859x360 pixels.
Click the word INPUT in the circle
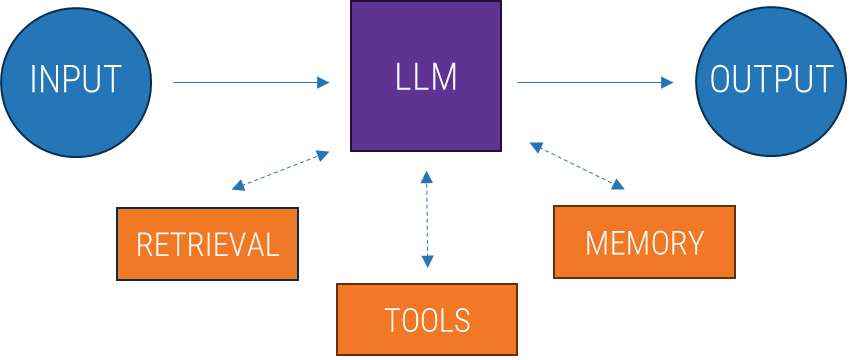pyautogui.click(x=75, y=80)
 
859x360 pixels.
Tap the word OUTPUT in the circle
pyautogui.click(x=771, y=80)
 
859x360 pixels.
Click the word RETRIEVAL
pyautogui.click(x=207, y=245)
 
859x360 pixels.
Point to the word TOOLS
pyautogui.click(x=427, y=320)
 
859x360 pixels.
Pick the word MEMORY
pyautogui.click(x=644, y=243)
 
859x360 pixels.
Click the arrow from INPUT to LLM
pyautogui.click(x=250, y=83)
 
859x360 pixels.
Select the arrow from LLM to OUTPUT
pyautogui.click(x=595, y=83)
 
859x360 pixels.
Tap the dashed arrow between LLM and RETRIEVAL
pyautogui.click(x=280, y=169)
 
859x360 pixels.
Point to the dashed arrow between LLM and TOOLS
pyautogui.click(x=427, y=220)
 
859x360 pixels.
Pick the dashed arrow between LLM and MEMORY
pyautogui.click(x=577, y=166)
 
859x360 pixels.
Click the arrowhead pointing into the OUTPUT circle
pyautogui.click(x=668, y=83)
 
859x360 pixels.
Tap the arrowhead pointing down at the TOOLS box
pyautogui.click(x=427, y=262)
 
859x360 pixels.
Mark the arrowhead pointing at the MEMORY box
pyautogui.click(x=618, y=184)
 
